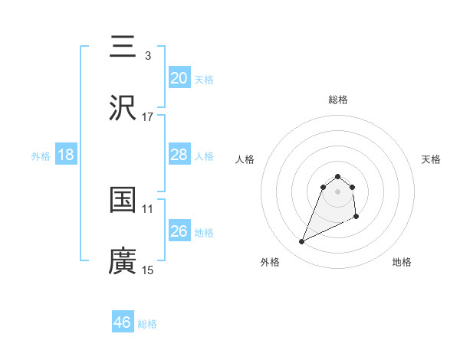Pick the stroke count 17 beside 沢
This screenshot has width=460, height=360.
click(x=148, y=117)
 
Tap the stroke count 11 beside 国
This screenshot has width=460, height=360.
click(x=148, y=208)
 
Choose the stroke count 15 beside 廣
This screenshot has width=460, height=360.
click(x=148, y=270)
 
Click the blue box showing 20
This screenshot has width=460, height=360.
click(x=179, y=77)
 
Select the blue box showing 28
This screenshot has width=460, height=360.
click(x=179, y=155)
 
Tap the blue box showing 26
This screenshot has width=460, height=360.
click(x=179, y=231)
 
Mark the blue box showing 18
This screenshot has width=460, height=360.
click(x=66, y=155)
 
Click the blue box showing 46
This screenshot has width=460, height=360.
click(x=123, y=322)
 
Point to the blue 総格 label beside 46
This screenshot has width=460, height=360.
click(x=147, y=324)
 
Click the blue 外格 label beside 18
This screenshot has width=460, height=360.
click(x=41, y=156)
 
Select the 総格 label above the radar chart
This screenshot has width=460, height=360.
click(x=338, y=100)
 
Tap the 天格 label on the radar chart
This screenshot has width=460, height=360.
click(x=432, y=159)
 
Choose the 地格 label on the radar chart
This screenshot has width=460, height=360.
click(x=402, y=262)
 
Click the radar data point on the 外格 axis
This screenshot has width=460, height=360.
click(x=302, y=242)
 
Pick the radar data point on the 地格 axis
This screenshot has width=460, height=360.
click(x=357, y=218)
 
